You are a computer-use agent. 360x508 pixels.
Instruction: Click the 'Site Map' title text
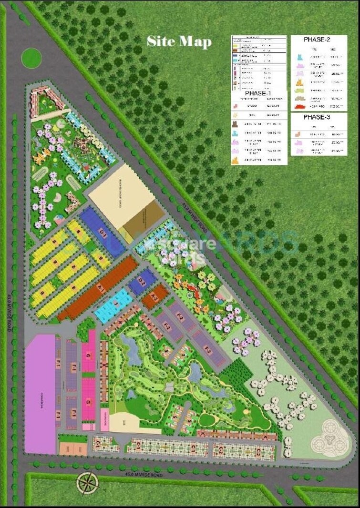[x=179, y=41]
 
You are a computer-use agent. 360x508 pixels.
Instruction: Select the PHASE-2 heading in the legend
[x=317, y=40]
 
